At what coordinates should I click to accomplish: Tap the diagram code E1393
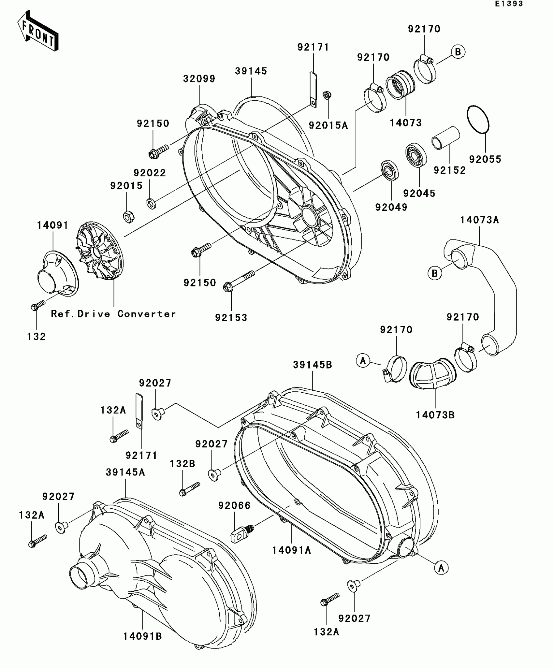click(509, 4)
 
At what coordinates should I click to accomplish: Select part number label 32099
click(199, 79)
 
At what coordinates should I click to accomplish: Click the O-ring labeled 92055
click(478, 119)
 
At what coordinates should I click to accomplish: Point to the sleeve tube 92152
click(446, 138)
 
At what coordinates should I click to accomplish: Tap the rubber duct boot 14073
click(400, 85)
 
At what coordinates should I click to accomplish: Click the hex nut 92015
click(129, 217)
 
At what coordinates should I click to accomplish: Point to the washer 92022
click(151, 204)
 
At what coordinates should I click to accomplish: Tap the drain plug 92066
click(241, 532)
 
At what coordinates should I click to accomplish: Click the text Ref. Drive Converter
click(113, 314)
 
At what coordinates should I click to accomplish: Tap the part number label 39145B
click(312, 365)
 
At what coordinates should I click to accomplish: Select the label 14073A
click(479, 220)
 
